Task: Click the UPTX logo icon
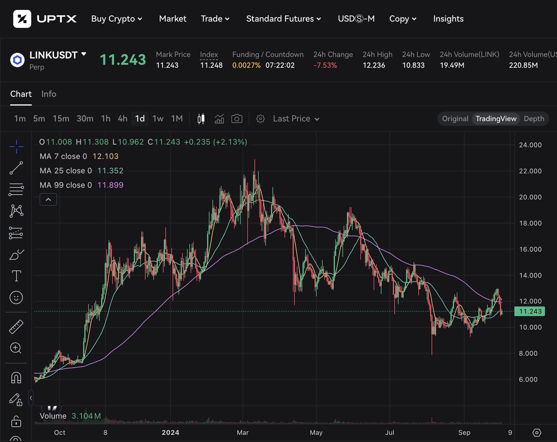(x=22, y=19)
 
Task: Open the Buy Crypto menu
(x=117, y=19)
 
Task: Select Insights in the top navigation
(x=448, y=19)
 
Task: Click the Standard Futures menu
(x=283, y=19)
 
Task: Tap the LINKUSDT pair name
(x=53, y=55)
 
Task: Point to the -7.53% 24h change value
(x=325, y=65)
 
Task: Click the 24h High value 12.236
(x=374, y=65)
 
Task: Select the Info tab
(x=49, y=94)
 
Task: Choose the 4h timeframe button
(x=123, y=119)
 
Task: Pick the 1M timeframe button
(x=177, y=119)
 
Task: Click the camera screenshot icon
(x=237, y=119)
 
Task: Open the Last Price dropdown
(x=296, y=119)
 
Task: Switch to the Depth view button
(x=534, y=119)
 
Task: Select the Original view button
(x=455, y=119)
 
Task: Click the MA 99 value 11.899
(x=110, y=185)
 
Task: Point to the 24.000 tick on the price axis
(x=530, y=145)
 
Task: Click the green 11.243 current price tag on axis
(x=530, y=312)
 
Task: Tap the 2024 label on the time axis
(x=170, y=433)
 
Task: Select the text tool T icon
(x=16, y=276)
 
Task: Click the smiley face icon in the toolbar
(x=16, y=298)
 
